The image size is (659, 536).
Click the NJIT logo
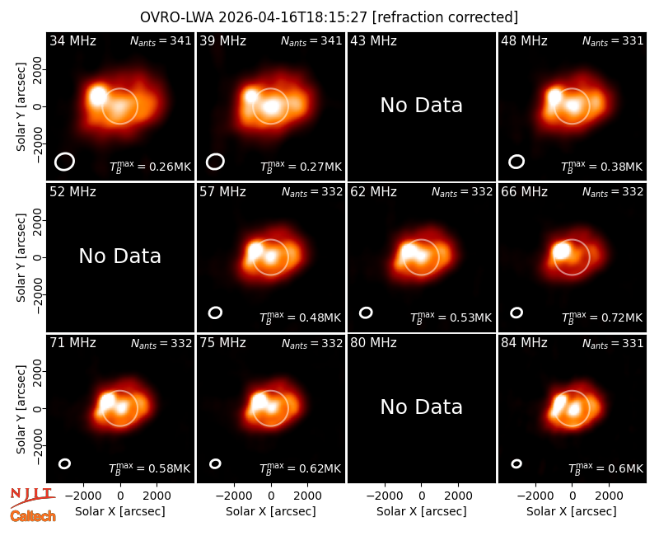point(32,496)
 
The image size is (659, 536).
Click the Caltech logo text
point(33,516)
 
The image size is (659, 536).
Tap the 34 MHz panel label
point(72,40)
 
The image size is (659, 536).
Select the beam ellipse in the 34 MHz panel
point(64,162)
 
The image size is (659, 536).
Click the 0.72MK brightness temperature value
point(602,317)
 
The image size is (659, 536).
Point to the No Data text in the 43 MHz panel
point(421,106)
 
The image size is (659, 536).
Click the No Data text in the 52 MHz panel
point(119,256)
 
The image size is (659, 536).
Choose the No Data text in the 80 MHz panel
point(421,407)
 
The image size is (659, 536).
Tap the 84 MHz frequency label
point(524,343)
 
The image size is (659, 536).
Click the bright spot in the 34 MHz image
point(98,96)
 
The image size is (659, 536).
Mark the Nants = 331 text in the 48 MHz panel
point(613,40)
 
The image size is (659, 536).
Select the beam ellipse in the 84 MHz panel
point(516,463)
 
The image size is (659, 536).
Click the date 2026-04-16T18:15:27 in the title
point(293,17)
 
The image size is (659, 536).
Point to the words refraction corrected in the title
point(445,17)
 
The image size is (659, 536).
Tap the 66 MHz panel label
point(524,192)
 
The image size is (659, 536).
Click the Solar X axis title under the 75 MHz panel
point(271,511)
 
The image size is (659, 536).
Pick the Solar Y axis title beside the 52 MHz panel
point(21,257)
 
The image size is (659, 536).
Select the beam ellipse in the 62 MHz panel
point(366,313)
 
